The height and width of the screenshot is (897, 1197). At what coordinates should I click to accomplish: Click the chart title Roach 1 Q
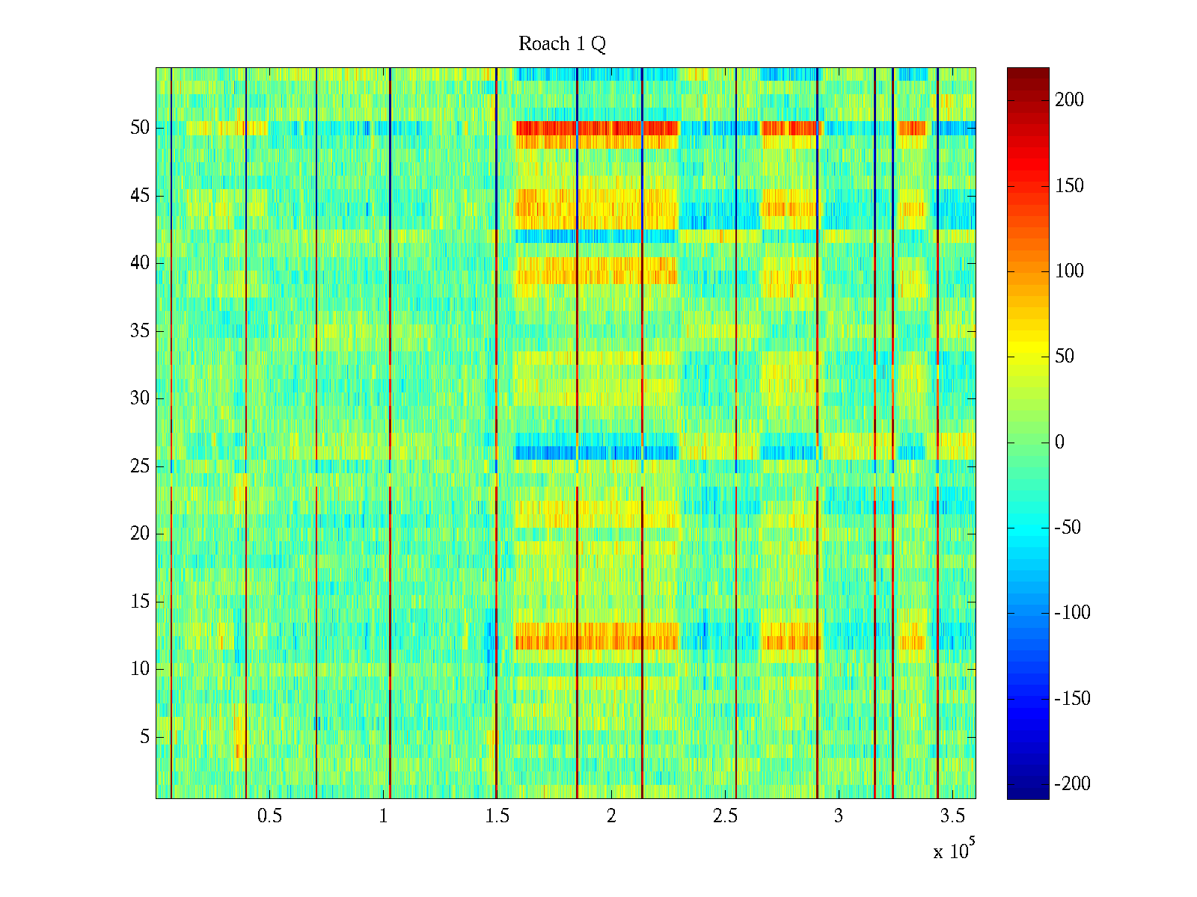pos(562,44)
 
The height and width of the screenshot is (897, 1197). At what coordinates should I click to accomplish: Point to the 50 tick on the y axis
pos(140,128)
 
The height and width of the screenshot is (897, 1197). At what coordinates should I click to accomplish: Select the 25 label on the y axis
pos(140,466)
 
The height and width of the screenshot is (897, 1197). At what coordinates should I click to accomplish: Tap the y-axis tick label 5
pos(144,737)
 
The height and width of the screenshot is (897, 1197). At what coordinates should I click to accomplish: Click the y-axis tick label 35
pos(140,331)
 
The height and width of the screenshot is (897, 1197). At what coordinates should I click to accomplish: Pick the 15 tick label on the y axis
pos(140,602)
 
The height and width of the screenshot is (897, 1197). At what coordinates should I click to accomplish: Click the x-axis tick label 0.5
pos(269,816)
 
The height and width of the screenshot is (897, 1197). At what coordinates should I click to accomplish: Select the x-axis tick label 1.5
pos(497,816)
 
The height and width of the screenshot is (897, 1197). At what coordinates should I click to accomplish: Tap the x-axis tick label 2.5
pos(725,816)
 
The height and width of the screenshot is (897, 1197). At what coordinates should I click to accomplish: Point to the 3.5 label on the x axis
pos(952,816)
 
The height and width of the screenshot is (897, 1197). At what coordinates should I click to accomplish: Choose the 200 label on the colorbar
pos(1069,100)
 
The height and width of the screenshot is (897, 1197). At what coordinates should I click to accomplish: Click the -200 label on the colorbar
pos(1072,784)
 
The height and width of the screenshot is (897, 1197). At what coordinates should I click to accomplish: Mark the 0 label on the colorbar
pos(1059,443)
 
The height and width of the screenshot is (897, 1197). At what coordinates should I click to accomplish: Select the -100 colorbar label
pos(1072,613)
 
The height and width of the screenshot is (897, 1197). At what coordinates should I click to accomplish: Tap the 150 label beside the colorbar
pos(1069,186)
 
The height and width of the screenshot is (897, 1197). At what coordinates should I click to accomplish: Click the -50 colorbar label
pos(1068,528)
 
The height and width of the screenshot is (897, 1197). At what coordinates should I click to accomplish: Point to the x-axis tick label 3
pos(839,816)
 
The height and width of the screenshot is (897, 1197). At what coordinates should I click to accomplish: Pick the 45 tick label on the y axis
pos(140,196)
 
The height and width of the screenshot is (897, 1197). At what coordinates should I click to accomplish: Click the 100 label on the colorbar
pos(1069,271)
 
